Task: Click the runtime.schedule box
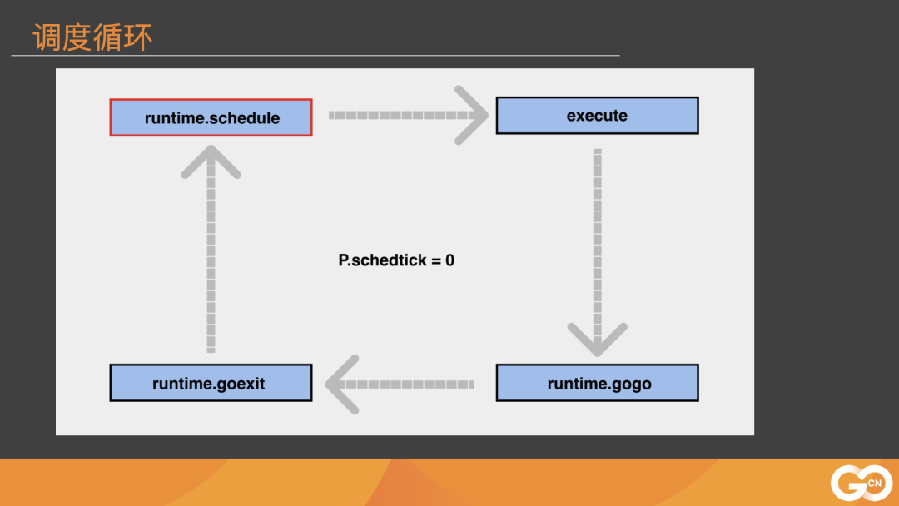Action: [211, 117]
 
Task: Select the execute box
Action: [597, 116]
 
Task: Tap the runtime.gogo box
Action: [597, 383]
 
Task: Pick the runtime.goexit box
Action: [211, 383]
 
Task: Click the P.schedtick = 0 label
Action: [396, 260]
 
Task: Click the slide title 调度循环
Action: [92, 37]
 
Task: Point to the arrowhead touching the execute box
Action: [474, 115]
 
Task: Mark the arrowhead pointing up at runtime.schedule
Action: [211, 160]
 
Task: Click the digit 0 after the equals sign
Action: [449, 260]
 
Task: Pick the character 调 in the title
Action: [47, 37]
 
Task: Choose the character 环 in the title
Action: [138, 37]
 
